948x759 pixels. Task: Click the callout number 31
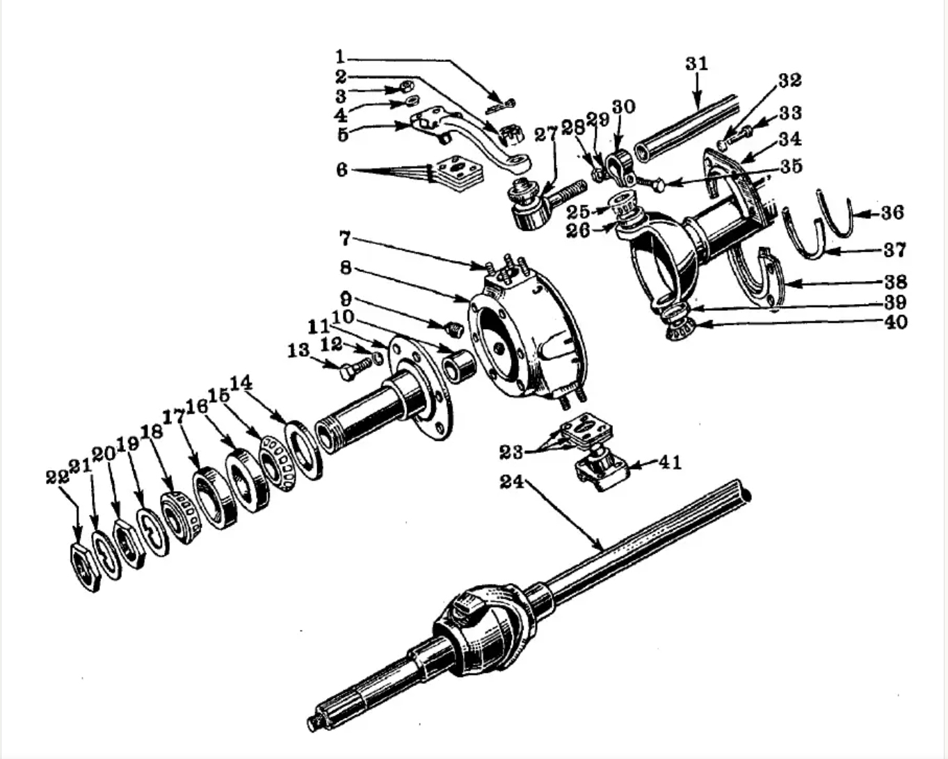(696, 64)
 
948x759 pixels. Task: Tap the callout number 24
(512, 481)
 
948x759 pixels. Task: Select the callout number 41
(670, 463)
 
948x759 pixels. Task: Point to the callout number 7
(345, 239)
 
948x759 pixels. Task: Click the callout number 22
(57, 477)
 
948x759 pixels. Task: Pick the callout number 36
(892, 212)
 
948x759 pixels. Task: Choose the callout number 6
(342, 170)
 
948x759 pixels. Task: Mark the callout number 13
(298, 351)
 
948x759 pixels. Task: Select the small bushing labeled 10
(458, 365)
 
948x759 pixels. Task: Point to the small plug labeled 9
(453, 329)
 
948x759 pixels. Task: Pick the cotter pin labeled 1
(501, 106)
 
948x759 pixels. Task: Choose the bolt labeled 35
(648, 183)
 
